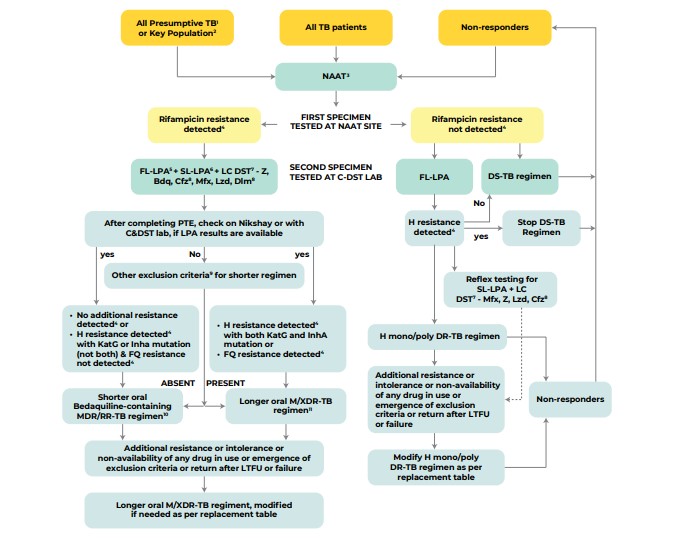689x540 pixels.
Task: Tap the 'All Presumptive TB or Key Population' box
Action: pos(177,28)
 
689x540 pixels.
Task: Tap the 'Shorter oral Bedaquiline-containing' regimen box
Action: pos(141,407)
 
